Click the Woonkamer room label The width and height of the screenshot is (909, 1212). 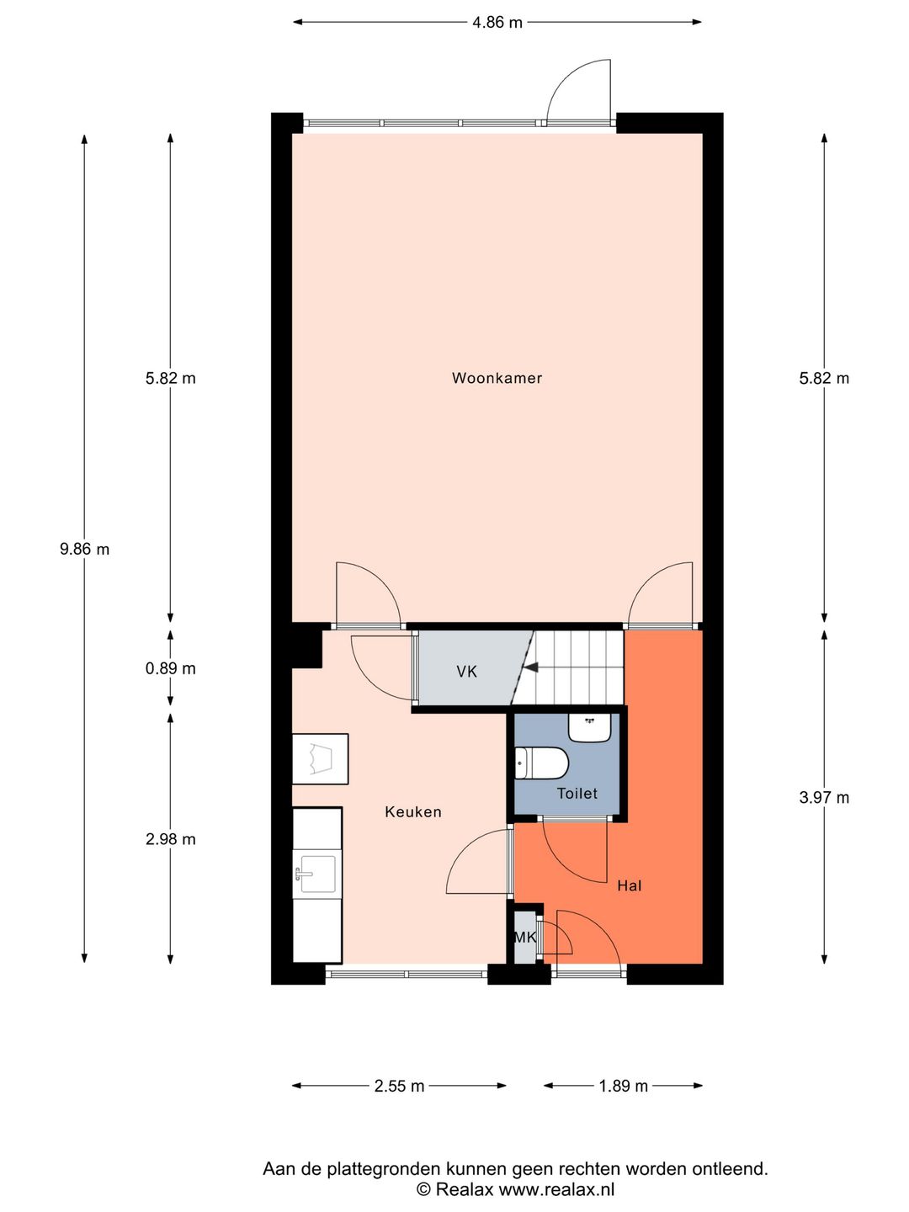[x=497, y=378]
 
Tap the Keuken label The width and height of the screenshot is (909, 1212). [x=412, y=811]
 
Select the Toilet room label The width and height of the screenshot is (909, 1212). [x=577, y=793]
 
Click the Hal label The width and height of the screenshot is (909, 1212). [x=629, y=885]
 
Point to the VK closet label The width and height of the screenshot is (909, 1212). [x=466, y=671]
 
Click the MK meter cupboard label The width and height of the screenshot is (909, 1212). [x=525, y=937]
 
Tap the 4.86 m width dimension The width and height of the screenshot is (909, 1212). [x=497, y=23]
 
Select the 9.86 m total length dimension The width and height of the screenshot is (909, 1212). [x=84, y=549]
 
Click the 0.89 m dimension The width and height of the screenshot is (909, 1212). [x=170, y=668]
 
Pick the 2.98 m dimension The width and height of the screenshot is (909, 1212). [x=170, y=839]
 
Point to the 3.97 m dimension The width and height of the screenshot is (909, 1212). [x=823, y=797]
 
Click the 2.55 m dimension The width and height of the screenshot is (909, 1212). [x=399, y=1086]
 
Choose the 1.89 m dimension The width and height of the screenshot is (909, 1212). [x=623, y=1086]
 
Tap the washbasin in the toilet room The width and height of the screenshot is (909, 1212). [x=589, y=726]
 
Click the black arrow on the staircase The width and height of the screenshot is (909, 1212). [x=530, y=668]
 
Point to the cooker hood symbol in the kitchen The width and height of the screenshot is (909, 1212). [x=320, y=758]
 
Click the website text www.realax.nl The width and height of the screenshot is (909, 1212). [x=556, y=1189]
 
